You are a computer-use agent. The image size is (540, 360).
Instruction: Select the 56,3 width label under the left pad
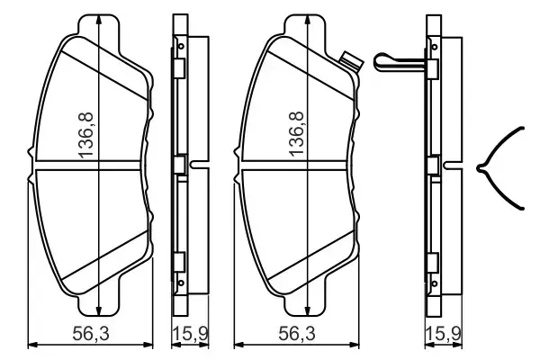(89, 335)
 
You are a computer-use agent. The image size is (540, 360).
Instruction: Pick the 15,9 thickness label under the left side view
(185, 335)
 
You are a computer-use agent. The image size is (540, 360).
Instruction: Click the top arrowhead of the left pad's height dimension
(96, 20)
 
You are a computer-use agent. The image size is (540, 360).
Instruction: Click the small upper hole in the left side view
(180, 44)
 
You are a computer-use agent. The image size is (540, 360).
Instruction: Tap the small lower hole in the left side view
(180, 288)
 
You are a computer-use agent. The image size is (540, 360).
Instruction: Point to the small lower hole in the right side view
(434, 288)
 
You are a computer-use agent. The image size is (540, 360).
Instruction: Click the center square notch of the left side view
(179, 166)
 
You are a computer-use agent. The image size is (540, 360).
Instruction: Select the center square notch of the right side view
(434, 166)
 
